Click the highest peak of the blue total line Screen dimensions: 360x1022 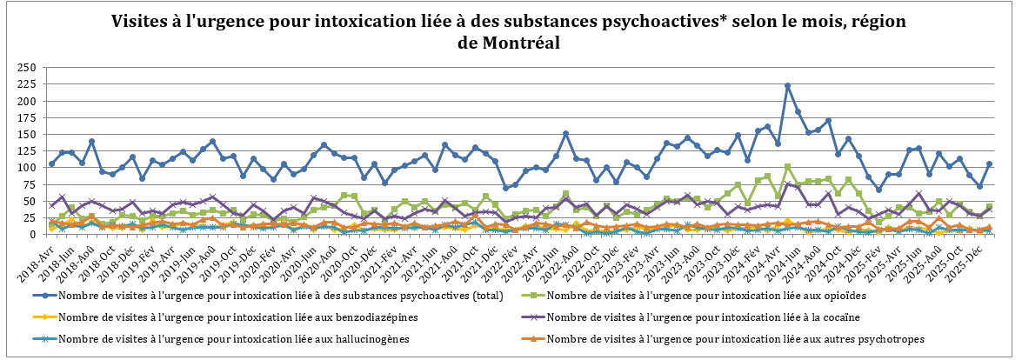[787, 86]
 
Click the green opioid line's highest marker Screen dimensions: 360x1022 [787, 166]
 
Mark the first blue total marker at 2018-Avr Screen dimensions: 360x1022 [51, 163]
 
